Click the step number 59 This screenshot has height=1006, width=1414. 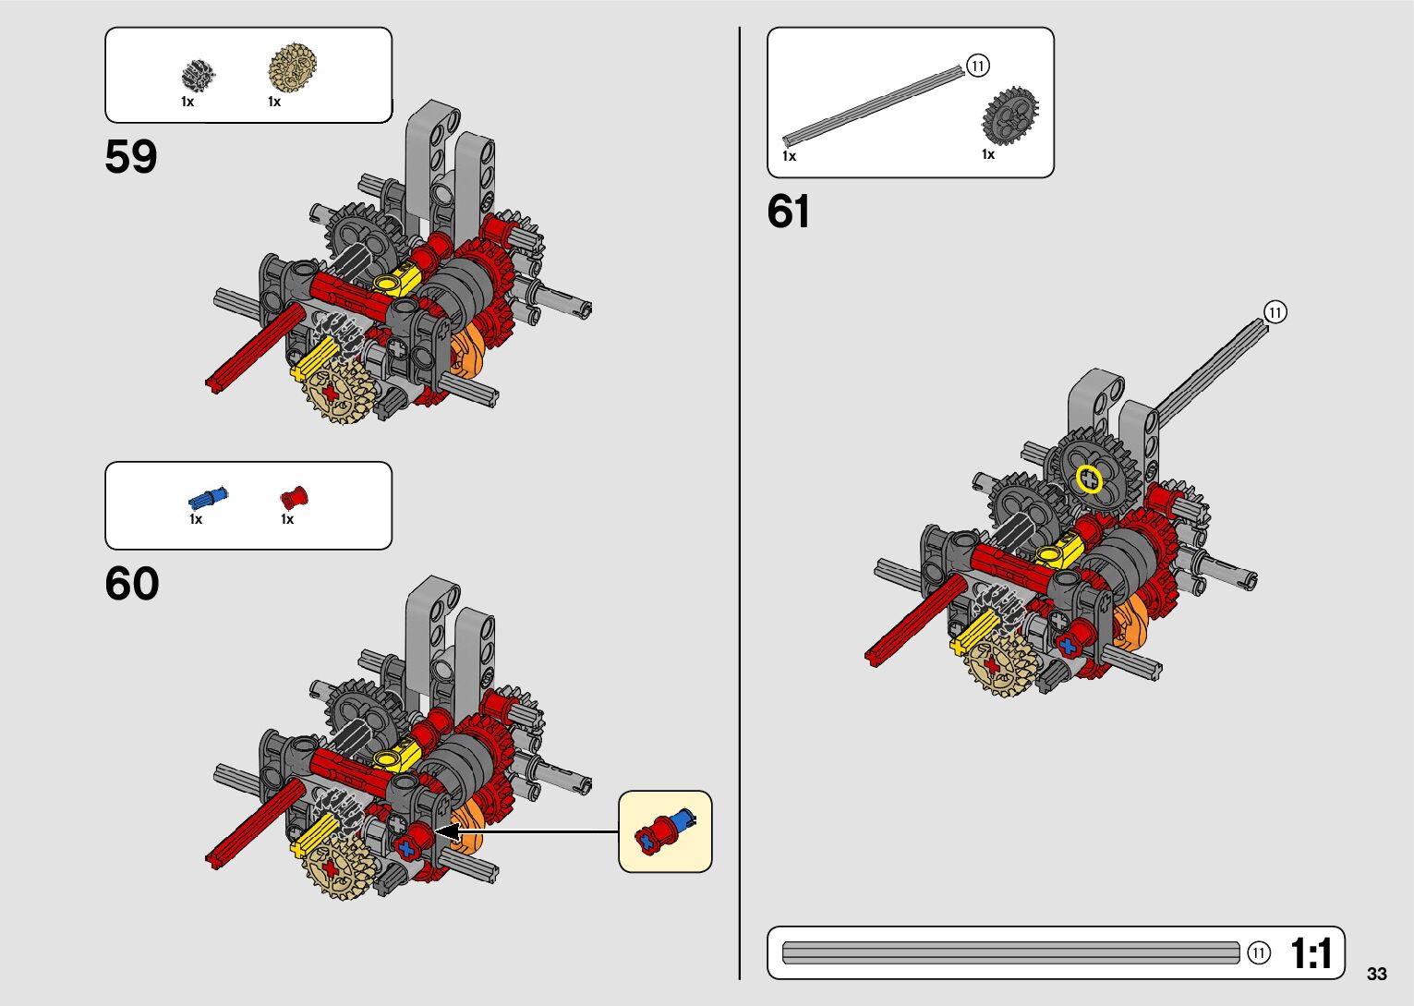(x=131, y=157)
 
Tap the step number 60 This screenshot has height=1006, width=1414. (x=132, y=584)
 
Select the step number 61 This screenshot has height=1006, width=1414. (x=788, y=212)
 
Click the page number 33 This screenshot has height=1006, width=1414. (x=1376, y=974)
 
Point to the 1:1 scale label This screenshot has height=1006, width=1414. (x=1311, y=953)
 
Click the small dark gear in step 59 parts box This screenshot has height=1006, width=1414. (x=198, y=75)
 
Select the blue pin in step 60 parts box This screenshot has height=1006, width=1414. (x=208, y=499)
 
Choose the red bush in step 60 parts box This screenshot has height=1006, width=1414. (x=294, y=499)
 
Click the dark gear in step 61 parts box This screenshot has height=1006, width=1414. (x=1009, y=115)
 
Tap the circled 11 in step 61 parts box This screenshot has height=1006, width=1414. (x=978, y=66)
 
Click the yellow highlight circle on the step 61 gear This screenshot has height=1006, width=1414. (x=1090, y=479)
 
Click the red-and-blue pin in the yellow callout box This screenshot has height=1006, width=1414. (x=664, y=831)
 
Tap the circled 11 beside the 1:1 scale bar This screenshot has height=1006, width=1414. (x=1259, y=953)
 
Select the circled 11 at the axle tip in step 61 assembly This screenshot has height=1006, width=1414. (x=1275, y=312)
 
